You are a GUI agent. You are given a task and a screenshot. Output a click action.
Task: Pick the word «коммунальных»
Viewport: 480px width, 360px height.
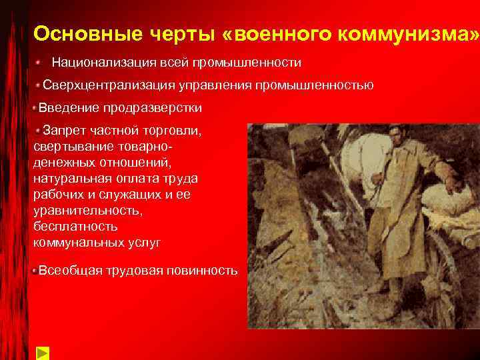pyautogui.click(x=73, y=243)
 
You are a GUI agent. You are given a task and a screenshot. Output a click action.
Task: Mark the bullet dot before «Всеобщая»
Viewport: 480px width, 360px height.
pyautogui.click(x=35, y=270)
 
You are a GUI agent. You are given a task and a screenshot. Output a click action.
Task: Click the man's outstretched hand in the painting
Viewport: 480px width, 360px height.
pyautogui.click(x=456, y=187)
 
